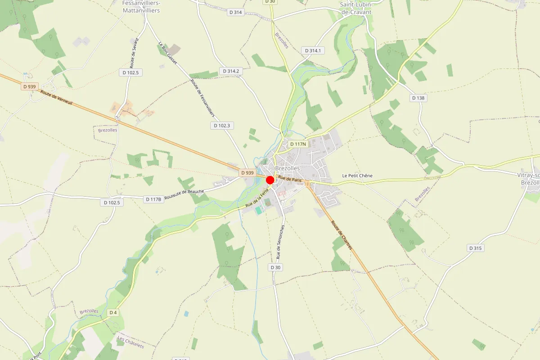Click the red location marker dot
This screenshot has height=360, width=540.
click(270, 180)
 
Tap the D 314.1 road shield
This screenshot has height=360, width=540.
click(313, 51)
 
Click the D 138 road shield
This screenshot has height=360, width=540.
click(418, 98)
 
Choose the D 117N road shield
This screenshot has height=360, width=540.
click(297, 144)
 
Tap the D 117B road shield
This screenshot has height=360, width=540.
click(153, 199)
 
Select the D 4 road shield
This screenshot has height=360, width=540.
click(113, 312)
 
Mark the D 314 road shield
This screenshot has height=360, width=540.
click(236, 13)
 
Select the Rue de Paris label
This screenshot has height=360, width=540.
click(290, 179)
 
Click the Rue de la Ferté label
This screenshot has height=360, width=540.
click(257, 198)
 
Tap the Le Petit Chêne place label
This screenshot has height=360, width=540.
click(357, 175)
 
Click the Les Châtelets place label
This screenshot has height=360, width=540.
click(130, 342)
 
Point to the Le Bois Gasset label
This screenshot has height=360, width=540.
click(167, 53)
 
